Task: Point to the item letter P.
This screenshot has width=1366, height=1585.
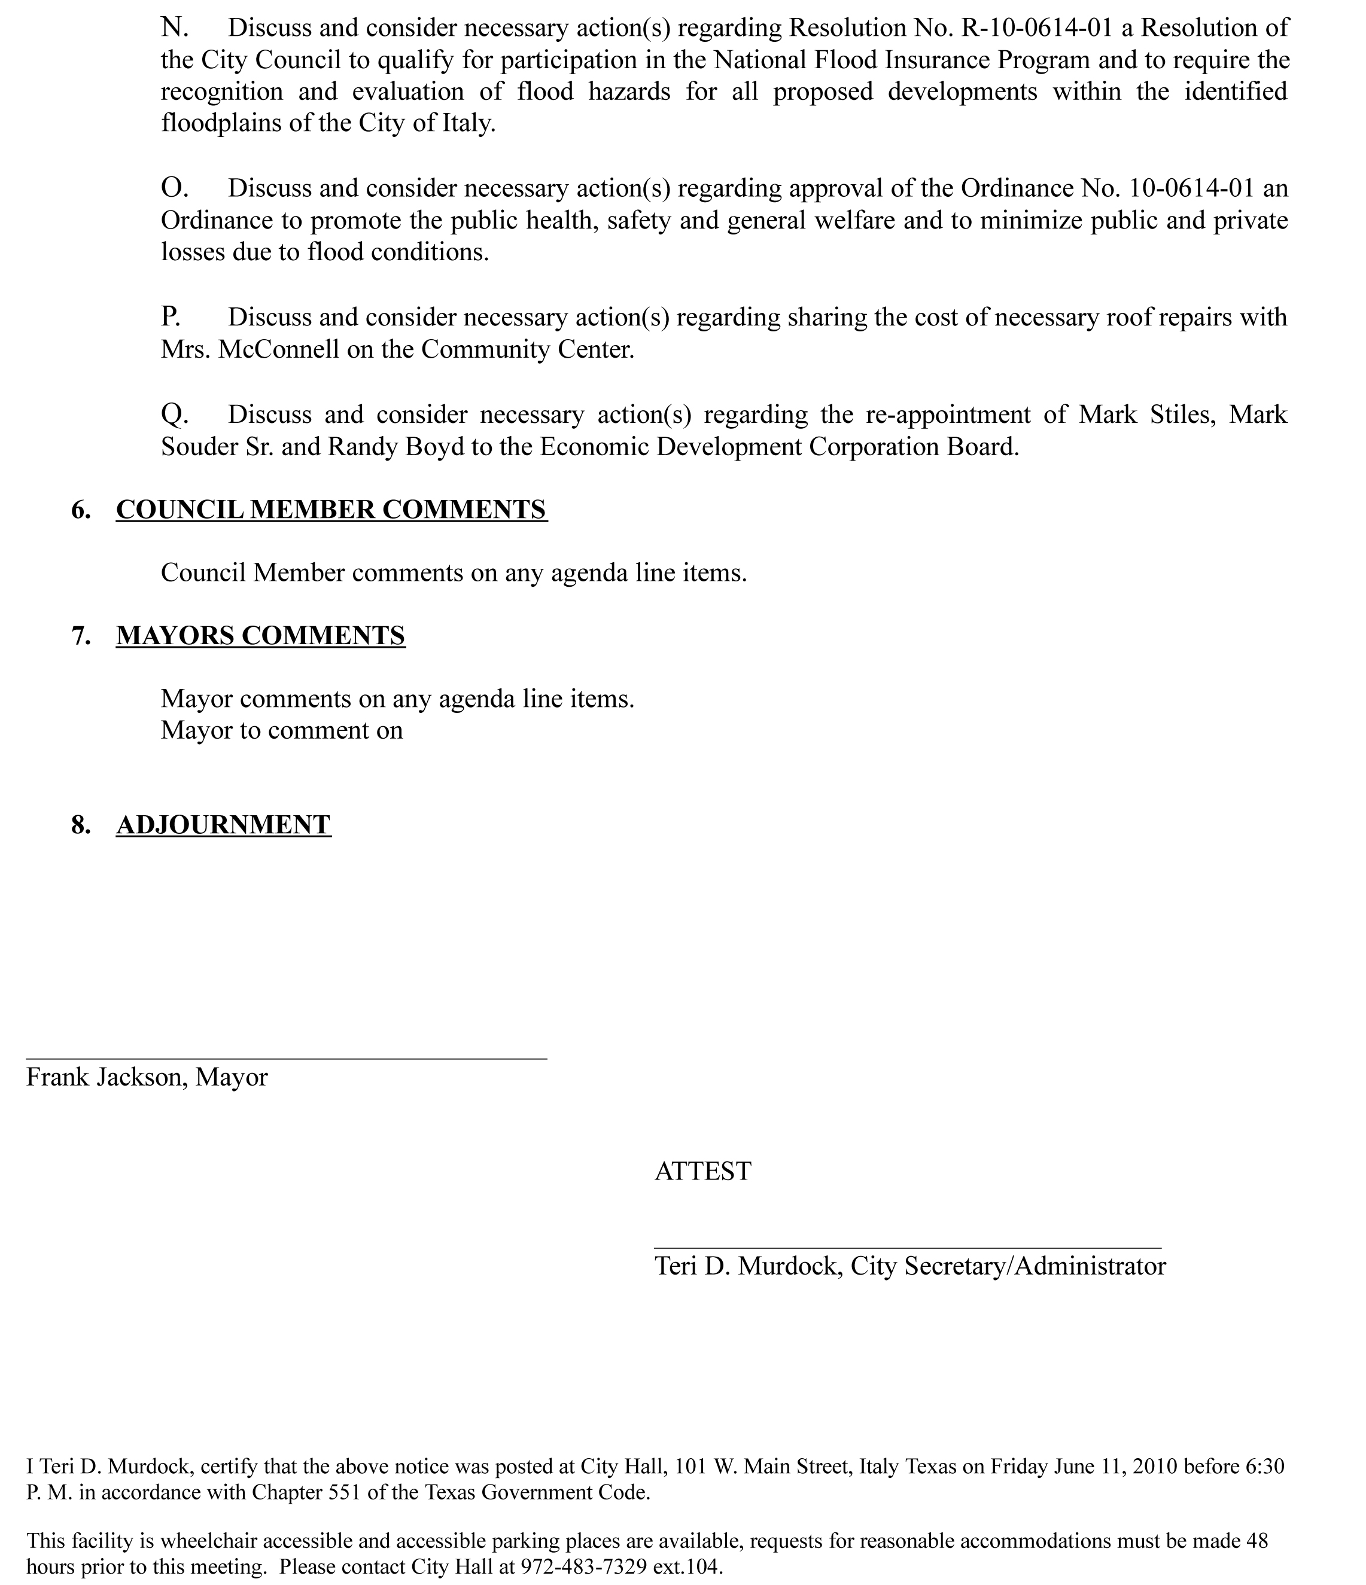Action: [x=171, y=316]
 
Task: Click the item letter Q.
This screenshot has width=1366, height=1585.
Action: [x=175, y=414]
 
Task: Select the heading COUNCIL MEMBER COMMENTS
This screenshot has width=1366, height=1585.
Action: [x=331, y=510]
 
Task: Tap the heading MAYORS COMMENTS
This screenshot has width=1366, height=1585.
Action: [x=260, y=636]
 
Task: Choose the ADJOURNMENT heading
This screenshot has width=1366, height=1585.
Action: [x=223, y=825]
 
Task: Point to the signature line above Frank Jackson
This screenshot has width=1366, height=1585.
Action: [x=287, y=1059]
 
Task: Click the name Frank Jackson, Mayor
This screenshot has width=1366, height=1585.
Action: [x=147, y=1077]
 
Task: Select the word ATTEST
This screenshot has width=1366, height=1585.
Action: [x=702, y=1171]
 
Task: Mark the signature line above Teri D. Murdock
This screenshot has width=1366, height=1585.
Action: [x=908, y=1248]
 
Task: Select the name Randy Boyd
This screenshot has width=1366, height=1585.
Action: [x=395, y=447]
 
